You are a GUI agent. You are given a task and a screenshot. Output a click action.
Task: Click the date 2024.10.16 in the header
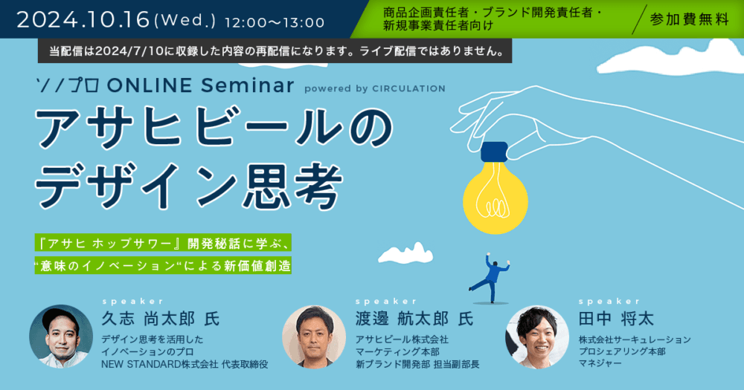tap(83, 20)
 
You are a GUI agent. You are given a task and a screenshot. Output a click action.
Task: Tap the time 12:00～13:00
tap(275, 22)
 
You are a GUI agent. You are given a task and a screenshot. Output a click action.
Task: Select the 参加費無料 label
tap(690, 19)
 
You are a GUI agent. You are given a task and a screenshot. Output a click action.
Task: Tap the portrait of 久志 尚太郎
tap(61, 337)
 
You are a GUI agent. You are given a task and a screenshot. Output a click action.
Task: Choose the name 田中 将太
tap(616, 319)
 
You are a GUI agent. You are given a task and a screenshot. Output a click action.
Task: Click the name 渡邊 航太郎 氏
tap(414, 319)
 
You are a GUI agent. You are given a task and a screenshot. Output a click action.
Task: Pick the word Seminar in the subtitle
tap(247, 85)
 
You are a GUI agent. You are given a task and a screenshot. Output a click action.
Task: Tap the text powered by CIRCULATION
tap(375, 88)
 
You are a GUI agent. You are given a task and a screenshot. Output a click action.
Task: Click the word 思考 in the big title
tap(292, 185)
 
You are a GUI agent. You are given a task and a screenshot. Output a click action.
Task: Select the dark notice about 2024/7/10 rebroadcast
tap(275, 51)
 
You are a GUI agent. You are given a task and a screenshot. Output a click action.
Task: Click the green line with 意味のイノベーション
tap(163, 266)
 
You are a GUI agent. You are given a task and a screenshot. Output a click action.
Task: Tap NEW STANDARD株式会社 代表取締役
tap(185, 365)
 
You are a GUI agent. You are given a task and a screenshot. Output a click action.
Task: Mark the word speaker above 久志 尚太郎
tap(133, 302)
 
